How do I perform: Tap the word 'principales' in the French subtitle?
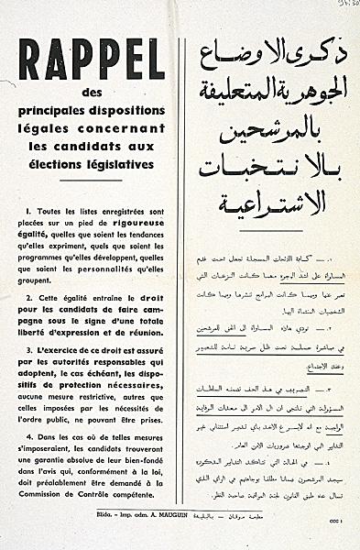(x=69, y=112)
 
